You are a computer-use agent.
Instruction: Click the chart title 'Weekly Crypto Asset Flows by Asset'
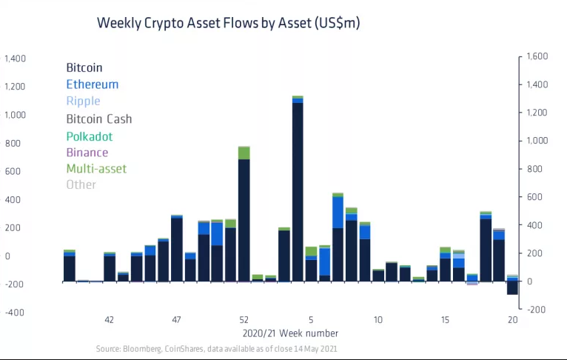click(x=228, y=24)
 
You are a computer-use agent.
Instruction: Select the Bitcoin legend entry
click(x=84, y=67)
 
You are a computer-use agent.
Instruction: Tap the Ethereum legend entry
click(x=92, y=84)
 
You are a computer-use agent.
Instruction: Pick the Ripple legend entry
click(x=83, y=101)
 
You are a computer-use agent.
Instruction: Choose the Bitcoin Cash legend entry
click(x=98, y=119)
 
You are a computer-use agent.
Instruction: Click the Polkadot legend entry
click(x=89, y=136)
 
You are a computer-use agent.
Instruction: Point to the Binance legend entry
click(x=87, y=153)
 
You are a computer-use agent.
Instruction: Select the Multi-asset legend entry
click(x=96, y=169)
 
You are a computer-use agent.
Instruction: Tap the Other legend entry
click(x=81, y=184)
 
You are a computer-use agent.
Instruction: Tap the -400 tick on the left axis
click(x=15, y=312)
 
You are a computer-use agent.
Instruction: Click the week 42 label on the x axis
click(x=109, y=320)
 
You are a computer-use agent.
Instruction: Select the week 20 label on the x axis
click(x=512, y=320)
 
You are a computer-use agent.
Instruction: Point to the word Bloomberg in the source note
click(x=141, y=348)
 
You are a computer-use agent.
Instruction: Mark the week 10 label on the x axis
click(x=378, y=320)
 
